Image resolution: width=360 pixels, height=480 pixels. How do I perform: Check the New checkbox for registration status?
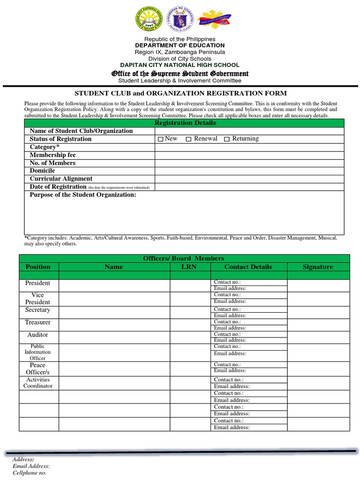(x=160, y=139)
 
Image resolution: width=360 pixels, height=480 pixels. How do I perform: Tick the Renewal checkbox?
(x=188, y=139)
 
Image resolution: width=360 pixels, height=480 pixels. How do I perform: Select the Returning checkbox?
(x=227, y=139)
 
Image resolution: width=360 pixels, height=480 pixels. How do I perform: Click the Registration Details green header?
(x=185, y=123)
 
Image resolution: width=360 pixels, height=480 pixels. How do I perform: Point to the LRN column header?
(x=189, y=267)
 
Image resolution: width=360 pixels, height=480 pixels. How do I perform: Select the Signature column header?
(x=317, y=267)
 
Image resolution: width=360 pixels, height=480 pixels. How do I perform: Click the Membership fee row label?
(x=52, y=155)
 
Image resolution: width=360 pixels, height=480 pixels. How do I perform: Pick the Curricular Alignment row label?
(x=61, y=179)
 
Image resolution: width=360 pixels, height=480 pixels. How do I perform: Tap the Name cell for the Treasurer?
(x=114, y=325)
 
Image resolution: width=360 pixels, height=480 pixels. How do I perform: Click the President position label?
(x=37, y=283)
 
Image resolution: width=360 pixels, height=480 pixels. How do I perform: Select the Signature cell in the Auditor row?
(x=318, y=337)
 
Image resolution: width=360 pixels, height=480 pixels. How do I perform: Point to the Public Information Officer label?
(x=37, y=352)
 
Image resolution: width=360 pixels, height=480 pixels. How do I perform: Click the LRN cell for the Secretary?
(x=189, y=312)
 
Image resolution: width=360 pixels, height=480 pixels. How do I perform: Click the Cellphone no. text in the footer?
(x=30, y=473)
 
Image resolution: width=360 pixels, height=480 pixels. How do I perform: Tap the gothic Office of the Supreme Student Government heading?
(x=180, y=74)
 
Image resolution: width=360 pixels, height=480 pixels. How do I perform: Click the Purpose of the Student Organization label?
(x=83, y=195)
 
